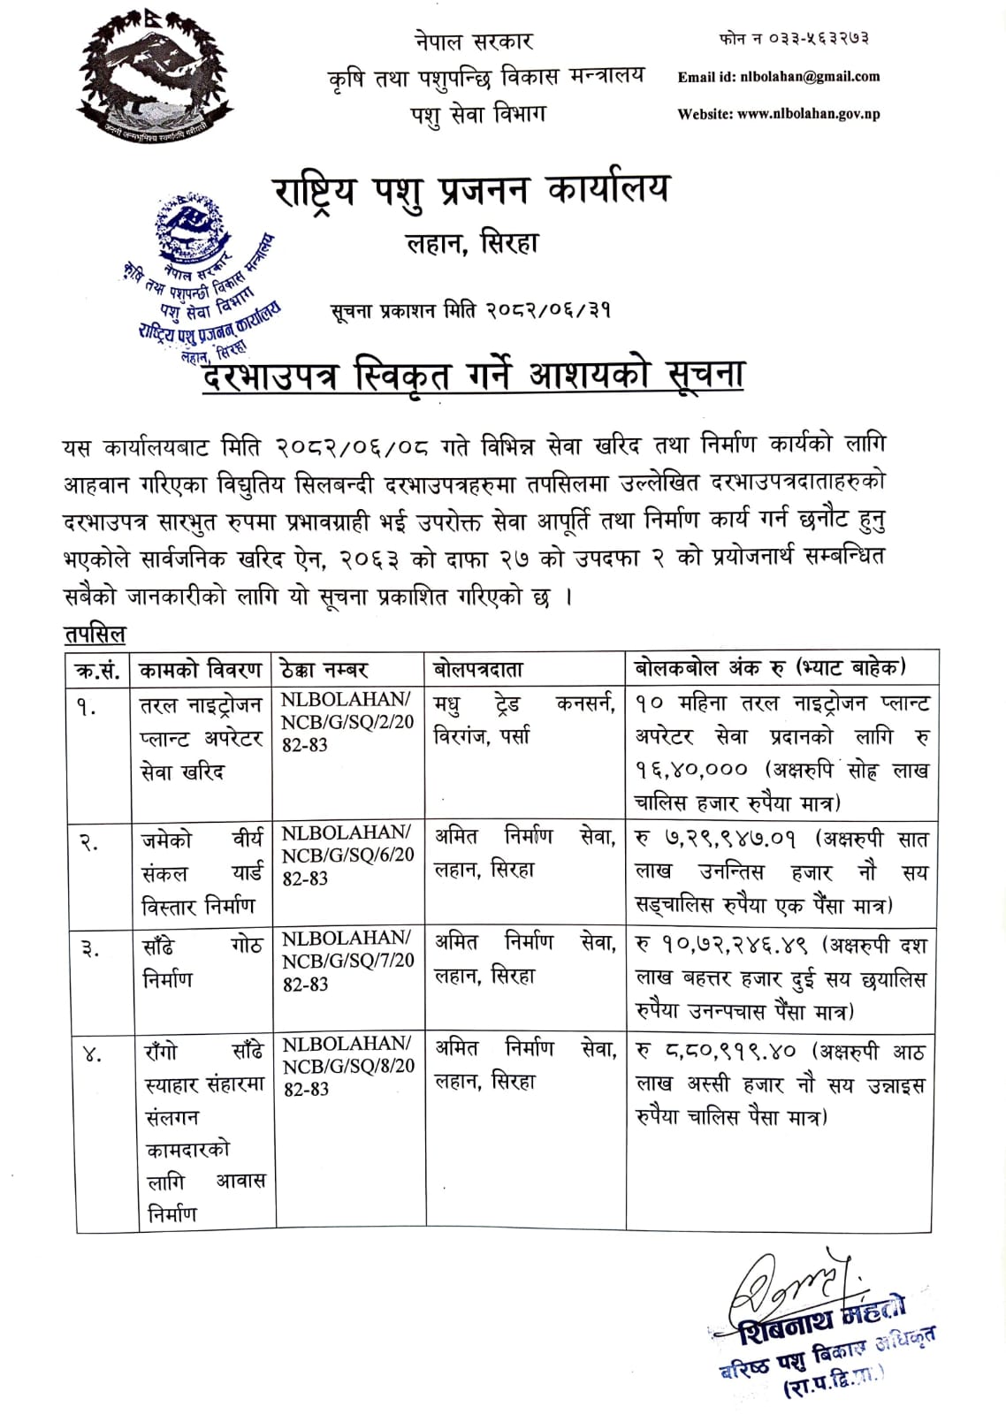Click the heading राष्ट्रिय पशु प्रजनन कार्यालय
coord(472,190)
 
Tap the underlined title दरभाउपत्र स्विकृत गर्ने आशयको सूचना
coord(473,375)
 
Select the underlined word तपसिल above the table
coord(95,634)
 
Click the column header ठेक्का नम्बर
coord(323,669)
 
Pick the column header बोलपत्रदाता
coord(478,669)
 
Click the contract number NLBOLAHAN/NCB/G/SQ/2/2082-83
coord(347,722)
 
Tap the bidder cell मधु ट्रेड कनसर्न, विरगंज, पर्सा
coord(524,719)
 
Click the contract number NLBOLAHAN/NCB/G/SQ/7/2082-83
coord(347,961)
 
